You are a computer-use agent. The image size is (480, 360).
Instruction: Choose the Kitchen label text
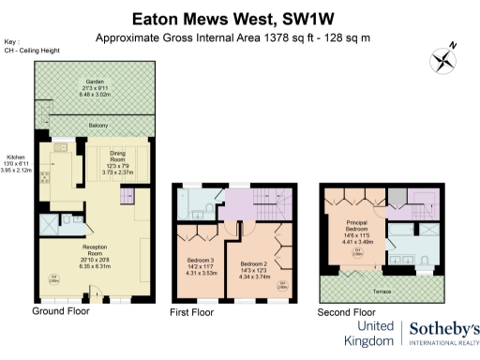click(17, 157)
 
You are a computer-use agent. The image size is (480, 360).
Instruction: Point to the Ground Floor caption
click(62, 310)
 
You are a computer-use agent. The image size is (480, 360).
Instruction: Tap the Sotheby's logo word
click(445, 327)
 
